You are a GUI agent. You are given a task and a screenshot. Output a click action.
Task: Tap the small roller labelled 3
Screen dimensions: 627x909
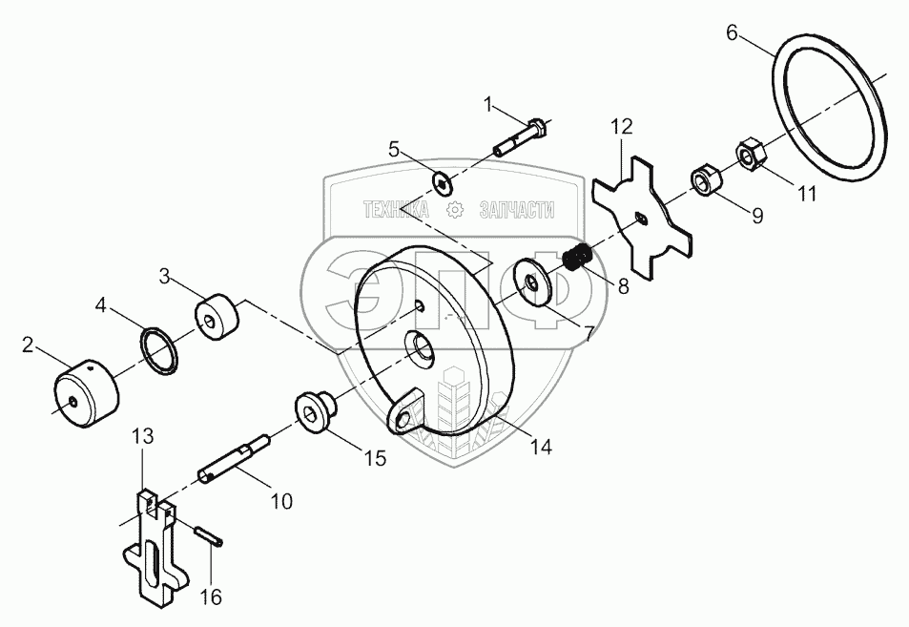coord(218,317)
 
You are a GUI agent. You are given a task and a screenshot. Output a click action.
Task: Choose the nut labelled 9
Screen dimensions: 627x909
coord(705,180)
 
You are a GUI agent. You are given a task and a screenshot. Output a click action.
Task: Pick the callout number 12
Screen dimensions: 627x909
coord(622,125)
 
